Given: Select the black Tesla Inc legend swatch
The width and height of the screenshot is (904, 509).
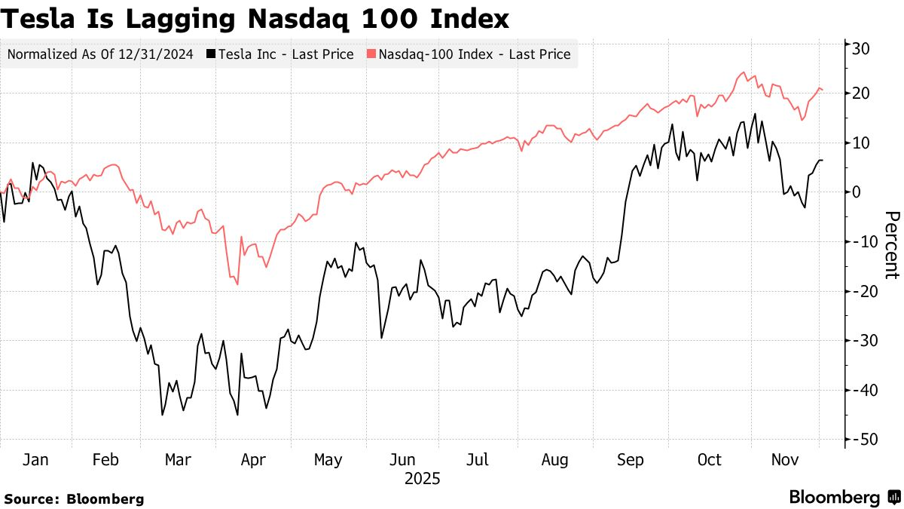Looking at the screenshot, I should [x=212, y=54].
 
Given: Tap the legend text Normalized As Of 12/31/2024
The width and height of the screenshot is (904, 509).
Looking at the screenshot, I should [x=100, y=54].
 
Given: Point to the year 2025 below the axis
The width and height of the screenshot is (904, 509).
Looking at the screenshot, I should [x=422, y=479].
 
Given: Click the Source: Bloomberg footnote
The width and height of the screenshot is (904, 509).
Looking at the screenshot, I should [x=74, y=498].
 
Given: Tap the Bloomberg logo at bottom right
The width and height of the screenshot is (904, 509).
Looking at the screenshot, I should [x=844, y=497].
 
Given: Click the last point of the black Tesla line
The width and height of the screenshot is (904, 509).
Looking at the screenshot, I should [x=823, y=160].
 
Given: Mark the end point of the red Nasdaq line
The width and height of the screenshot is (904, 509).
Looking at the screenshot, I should [x=823, y=90].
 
